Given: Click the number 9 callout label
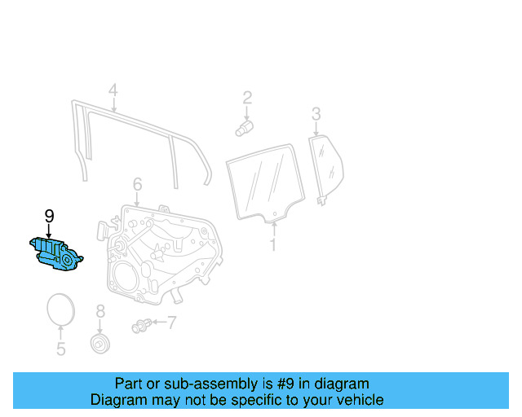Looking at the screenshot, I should pos(49,216).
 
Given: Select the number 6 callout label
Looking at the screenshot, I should pos(137,184).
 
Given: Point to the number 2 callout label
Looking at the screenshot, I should pos(246,99).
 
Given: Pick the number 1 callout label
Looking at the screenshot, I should pos(274,244).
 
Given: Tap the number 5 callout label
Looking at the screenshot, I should pos(60,350).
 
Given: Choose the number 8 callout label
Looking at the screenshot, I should pos(100,311).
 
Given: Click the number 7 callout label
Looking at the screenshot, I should pos(171,323).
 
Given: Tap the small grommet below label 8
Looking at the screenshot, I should pos(100,342).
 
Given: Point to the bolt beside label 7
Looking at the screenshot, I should pos(139,327).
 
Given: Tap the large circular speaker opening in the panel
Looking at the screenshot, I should pos(126,277).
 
